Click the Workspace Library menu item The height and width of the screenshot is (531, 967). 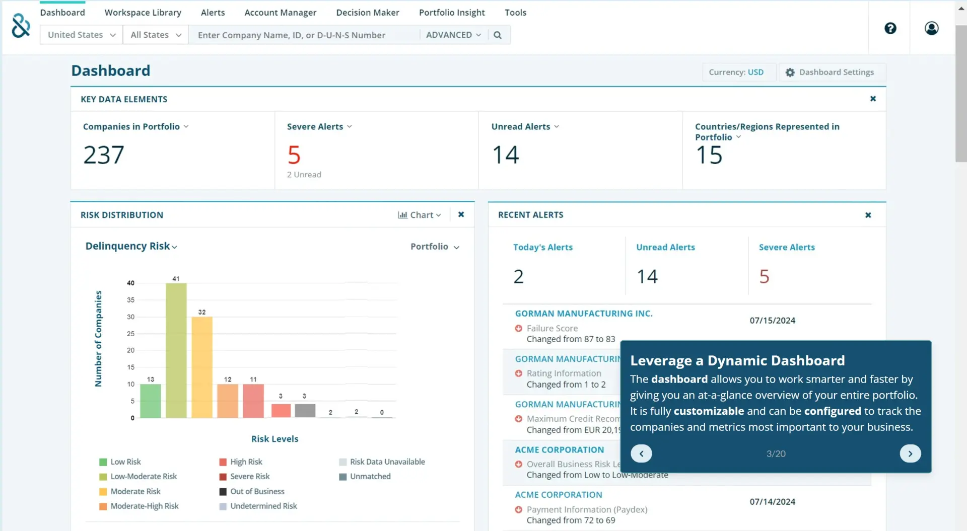point(143,13)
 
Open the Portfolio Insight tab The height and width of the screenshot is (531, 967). point(452,13)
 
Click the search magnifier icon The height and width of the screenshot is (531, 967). point(498,35)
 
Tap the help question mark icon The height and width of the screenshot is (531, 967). point(890,28)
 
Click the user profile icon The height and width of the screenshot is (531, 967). point(931,28)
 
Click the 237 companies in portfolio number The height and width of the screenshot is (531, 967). point(104,155)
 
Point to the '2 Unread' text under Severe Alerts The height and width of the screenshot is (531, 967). point(304,175)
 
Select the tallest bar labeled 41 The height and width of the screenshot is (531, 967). point(176,350)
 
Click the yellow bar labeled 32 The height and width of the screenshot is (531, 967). point(202,367)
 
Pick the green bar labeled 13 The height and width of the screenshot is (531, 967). point(151,401)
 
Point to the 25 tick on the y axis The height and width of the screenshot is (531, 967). point(130,334)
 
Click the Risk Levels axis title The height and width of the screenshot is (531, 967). point(274,439)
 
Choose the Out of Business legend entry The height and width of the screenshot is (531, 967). point(252,491)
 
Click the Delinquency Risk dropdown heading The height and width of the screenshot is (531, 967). point(131,246)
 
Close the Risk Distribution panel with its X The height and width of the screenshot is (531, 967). point(461,214)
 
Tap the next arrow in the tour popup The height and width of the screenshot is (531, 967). point(910,453)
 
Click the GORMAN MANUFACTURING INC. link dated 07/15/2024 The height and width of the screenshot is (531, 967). point(584,314)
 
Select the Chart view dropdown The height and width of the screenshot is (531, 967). point(420,215)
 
